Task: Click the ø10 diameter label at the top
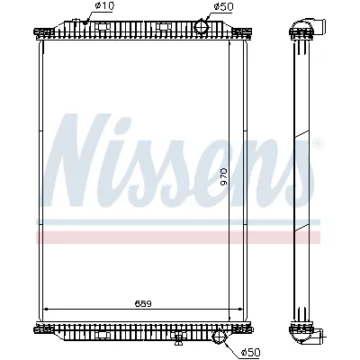tap(105, 8)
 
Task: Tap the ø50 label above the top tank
tap(223, 8)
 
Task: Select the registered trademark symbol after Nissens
tap(317, 143)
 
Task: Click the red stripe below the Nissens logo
tap(180, 236)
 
